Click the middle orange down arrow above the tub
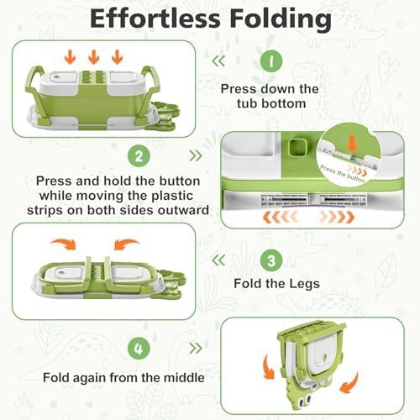click(93, 57)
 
